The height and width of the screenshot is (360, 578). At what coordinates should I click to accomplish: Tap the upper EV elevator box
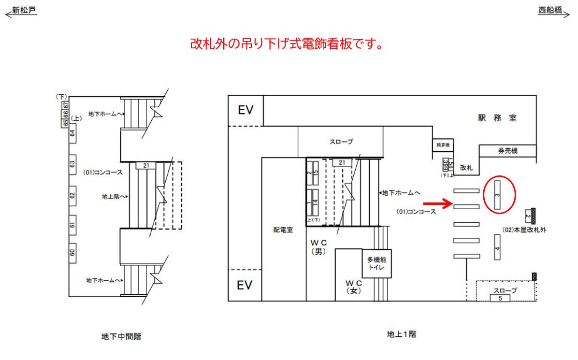(246, 110)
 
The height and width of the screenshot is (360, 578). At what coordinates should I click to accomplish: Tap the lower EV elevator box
(245, 285)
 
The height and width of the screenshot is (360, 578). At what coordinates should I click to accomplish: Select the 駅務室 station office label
(497, 118)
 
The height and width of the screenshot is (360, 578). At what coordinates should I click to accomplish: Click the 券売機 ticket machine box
(507, 151)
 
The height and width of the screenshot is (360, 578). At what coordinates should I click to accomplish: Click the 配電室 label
(283, 230)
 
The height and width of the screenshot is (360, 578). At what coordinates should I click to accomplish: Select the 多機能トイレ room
(376, 263)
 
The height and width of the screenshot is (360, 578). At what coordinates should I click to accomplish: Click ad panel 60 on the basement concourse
(72, 252)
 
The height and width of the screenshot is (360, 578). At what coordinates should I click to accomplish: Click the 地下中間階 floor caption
(121, 337)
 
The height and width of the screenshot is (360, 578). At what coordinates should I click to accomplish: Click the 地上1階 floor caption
(401, 334)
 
